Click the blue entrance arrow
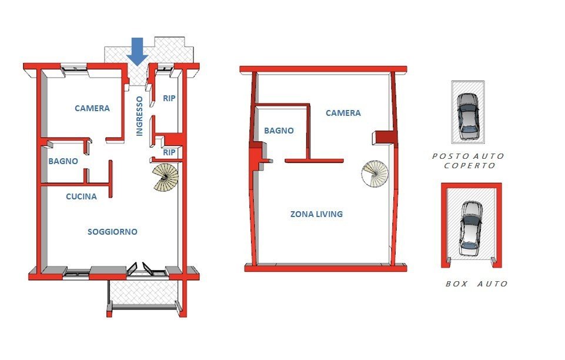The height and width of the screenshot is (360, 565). pos(138,52)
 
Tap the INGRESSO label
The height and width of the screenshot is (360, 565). pos(139,116)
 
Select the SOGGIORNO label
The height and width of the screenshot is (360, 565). pos(112,232)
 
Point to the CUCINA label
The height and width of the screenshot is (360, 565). pos(82,196)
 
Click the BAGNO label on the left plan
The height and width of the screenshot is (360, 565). pos(63,161)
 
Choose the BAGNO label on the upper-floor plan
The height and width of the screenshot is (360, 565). pos(279,131)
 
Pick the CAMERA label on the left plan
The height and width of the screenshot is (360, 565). pos(92,108)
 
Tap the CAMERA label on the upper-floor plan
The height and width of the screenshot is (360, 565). pos(343,113)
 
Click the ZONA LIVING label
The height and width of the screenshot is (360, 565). pos(316,214)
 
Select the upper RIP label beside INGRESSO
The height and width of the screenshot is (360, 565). pos(169,98)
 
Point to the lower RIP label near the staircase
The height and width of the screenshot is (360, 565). pos(169,152)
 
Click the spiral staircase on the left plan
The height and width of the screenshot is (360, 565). pos(165,177)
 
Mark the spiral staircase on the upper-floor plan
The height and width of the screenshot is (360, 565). pos(375,174)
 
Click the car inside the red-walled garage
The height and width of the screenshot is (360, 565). pos(470,228)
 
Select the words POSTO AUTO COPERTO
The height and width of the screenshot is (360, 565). pos(469,161)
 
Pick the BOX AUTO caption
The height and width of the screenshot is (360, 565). pos(476,284)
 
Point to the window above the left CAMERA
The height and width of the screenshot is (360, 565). pos(74,68)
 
